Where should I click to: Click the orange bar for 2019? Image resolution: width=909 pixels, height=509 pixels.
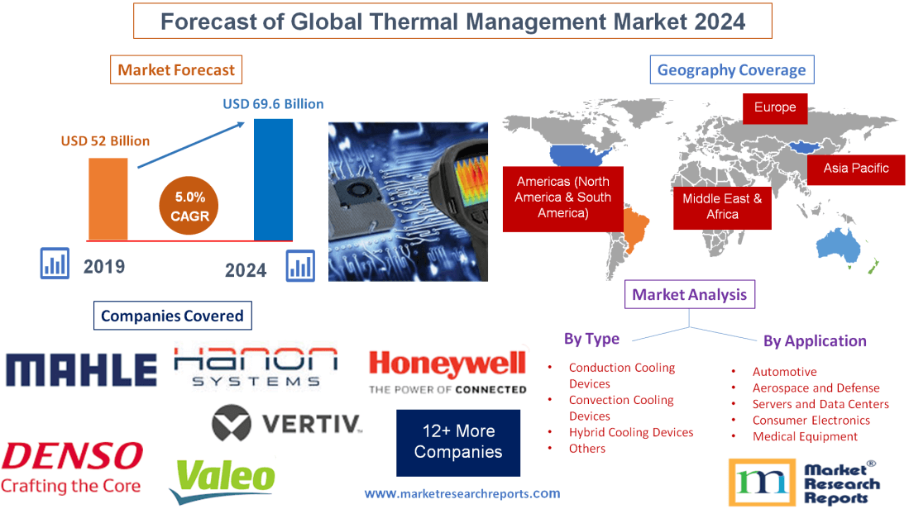pyautogui.click(x=108, y=198)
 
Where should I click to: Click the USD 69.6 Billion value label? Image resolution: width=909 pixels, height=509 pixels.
pyautogui.click(x=273, y=104)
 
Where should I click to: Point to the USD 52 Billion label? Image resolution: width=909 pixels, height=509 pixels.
pyautogui.click(x=105, y=140)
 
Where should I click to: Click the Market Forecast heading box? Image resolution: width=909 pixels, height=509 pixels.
pyautogui.click(x=176, y=70)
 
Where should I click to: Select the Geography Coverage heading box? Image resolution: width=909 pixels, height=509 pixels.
pyautogui.click(x=731, y=70)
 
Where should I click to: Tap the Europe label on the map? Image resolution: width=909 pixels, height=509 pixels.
pyautogui.click(x=775, y=107)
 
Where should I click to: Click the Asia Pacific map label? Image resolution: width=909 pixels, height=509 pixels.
pyautogui.click(x=856, y=169)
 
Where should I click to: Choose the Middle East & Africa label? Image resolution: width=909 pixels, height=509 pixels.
pyautogui.click(x=722, y=207)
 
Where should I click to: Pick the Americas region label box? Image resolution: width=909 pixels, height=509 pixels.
pyautogui.click(x=563, y=197)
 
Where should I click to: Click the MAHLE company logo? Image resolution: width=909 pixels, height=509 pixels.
pyautogui.click(x=81, y=370)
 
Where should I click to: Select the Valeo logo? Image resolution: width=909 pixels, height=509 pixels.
pyautogui.click(x=222, y=479)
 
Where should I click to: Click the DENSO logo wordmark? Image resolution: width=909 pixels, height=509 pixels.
pyautogui.click(x=73, y=455)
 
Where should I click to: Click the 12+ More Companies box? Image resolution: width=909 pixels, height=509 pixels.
pyautogui.click(x=458, y=442)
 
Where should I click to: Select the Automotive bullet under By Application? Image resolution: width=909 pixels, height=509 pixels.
pyautogui.click(x=784, y=372)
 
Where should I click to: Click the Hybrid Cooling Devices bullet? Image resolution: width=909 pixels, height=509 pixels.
pyautogui.click(x=630, y=432)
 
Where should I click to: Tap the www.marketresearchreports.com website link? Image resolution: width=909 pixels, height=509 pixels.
pyautogui.click(x=462, y=493)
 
